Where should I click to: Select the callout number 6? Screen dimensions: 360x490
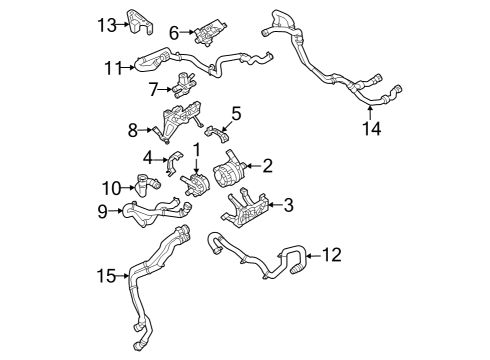pyautogui.click(x=174, y=33)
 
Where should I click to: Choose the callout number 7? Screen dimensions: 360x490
pyautogui.click(x=154, y=89)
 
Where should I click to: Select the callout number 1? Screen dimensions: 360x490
pyautogui.click(x=197, y=150)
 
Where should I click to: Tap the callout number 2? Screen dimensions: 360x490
pyautogui.click(x=266, y=168)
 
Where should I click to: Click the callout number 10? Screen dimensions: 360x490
pyautogui.click(x=112, y=187)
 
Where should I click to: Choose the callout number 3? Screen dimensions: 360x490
pyautogui.click(x=288, y=206)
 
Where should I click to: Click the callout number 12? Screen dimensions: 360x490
pyautogui.click(x=331, y=256)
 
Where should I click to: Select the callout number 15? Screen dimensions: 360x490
pyautogui.click(x=106, y=274)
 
